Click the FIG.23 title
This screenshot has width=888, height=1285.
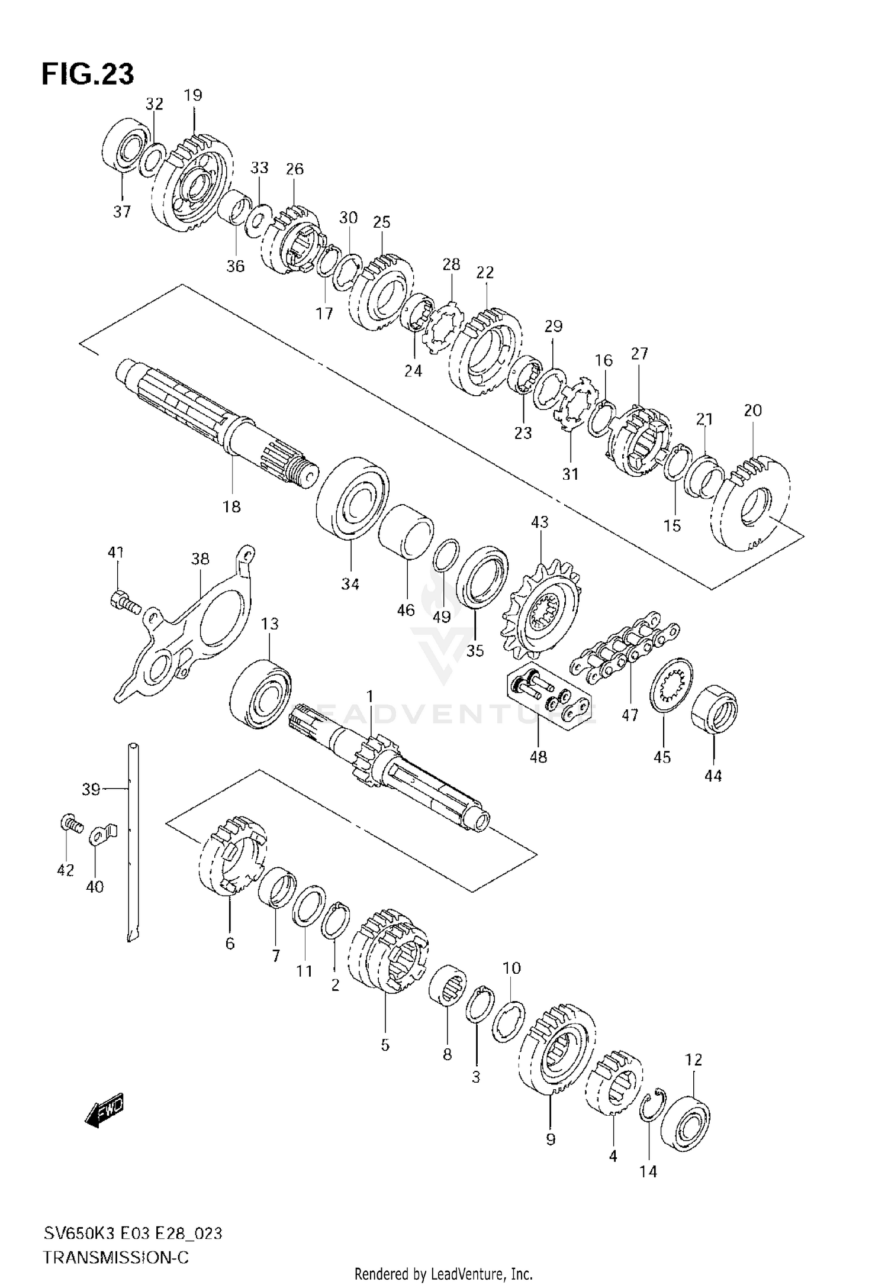tap(88, 74)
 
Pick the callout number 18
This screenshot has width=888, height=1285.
tap(231, 506)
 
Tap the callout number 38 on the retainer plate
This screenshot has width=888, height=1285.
tap(200, 559)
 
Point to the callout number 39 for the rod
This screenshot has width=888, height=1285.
tap(91, 789)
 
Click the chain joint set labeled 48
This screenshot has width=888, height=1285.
tap(548, 698)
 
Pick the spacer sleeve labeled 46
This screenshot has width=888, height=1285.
tap(406, 531)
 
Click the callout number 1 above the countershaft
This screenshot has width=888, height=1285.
tap(370, 696)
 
